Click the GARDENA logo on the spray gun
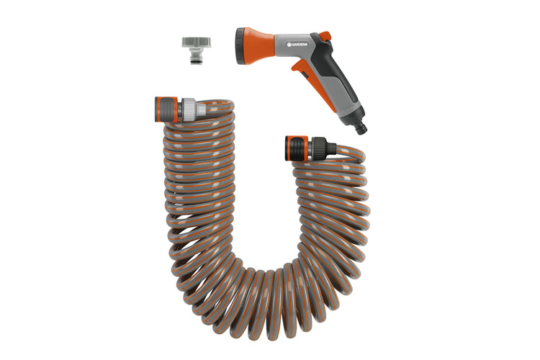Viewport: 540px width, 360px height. (298, 44)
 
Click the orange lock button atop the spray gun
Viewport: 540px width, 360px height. (325, 35)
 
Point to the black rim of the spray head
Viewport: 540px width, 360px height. (239, 47)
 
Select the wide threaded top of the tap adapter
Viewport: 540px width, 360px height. (197, 42)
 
